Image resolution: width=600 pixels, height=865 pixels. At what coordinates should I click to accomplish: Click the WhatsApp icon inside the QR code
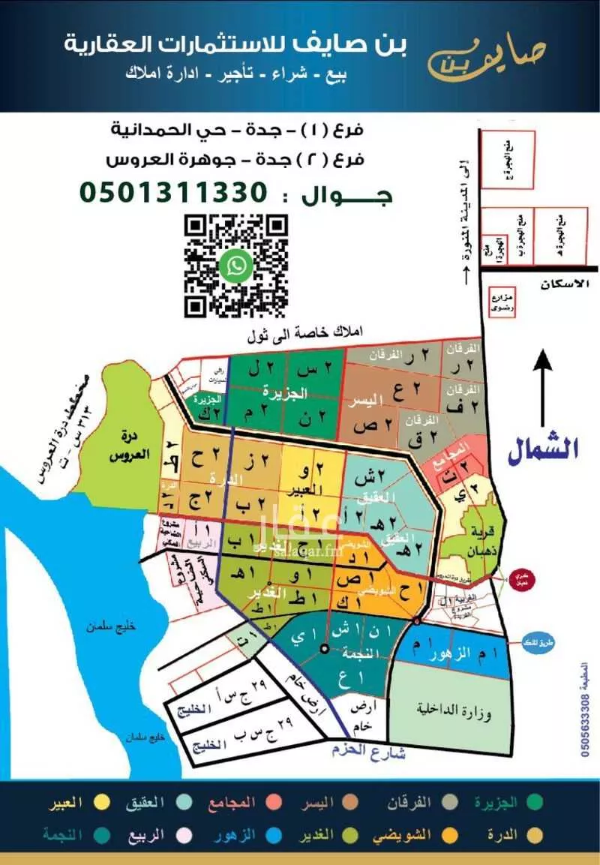pos(237,265)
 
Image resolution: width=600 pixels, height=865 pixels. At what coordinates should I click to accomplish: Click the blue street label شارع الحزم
pos(367,751)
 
